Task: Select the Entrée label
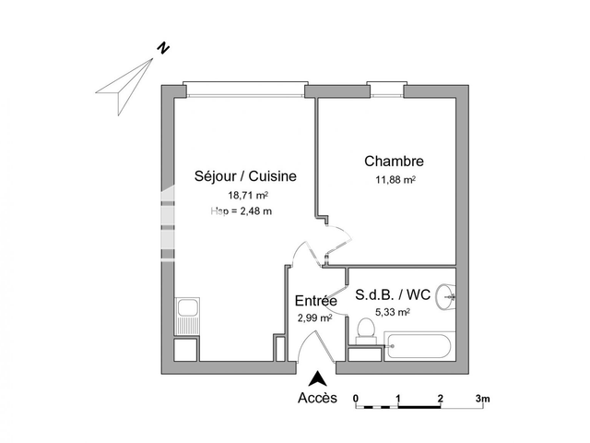coord(315,301)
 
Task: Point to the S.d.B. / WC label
coord(393,295)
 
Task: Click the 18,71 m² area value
coord(247,195)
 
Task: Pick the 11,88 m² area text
coord(395,180)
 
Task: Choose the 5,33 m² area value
coord(393,312)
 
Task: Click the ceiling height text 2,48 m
coord(242,211)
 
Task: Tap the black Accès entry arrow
coord(318,377)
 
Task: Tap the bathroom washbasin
coord(447,295)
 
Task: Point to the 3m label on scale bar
coord(482,399)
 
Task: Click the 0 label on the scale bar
coord(356,399)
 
